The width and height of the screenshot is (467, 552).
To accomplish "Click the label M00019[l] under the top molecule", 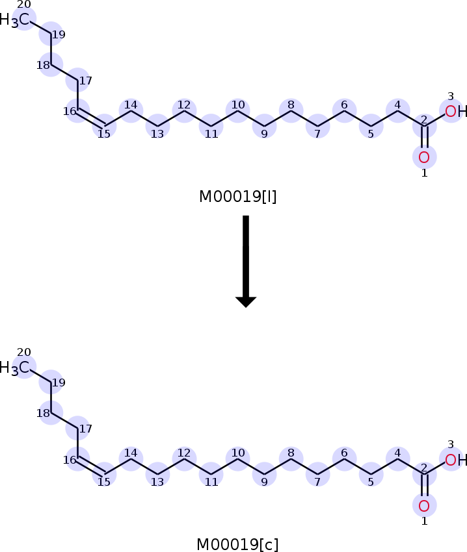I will [x=238, y=196].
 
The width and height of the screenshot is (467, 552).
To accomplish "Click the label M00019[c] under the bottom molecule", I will [x=238, y=544].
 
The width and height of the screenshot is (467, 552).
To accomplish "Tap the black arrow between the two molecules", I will [x=246, y=260].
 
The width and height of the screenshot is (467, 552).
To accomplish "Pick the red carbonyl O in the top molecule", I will [x=424, y=157].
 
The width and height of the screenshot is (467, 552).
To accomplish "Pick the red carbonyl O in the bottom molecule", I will [x=424, y=505].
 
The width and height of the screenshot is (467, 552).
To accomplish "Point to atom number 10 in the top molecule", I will [x=237, y=110].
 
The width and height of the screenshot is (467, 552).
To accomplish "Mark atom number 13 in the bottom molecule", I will [x=157, y=474].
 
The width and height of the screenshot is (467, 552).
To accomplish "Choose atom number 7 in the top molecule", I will [x=318, y=125].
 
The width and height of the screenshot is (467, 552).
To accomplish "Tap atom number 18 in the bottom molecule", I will [x=51, y=414].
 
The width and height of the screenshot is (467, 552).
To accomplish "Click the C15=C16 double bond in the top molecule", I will [x=91, y=118].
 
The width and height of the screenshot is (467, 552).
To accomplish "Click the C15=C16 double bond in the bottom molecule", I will [x=91, y=466].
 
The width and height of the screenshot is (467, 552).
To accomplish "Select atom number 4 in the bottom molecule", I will [x=397, y=458].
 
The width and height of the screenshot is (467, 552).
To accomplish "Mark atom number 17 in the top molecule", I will [x=77, y=81].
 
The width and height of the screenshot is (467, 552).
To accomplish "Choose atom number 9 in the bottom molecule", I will [x=264, y=474].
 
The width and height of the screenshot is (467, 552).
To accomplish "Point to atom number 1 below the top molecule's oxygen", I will [x=424, y=173].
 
